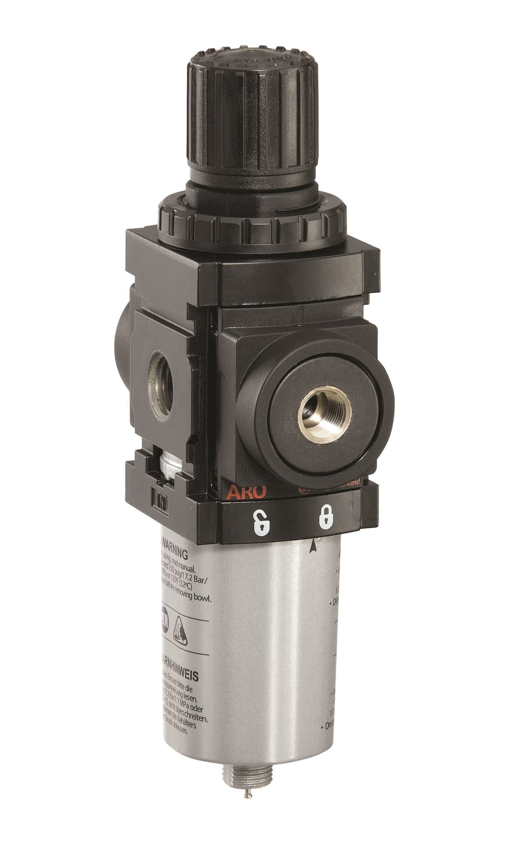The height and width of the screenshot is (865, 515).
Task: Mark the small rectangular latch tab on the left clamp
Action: pyautogui.click(x=162, y=500)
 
